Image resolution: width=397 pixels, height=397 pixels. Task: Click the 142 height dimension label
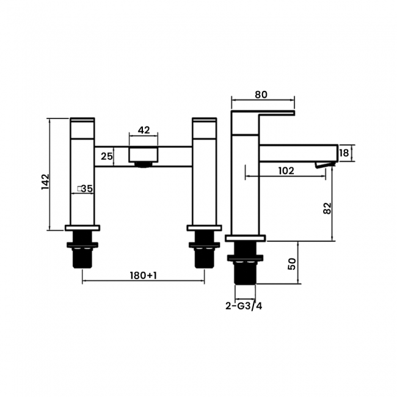[45, 181]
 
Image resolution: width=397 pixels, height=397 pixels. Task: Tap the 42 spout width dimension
[144, 130]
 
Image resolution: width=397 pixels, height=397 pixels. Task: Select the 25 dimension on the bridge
[106, 157]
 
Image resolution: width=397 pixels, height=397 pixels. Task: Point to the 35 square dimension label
[85, 189]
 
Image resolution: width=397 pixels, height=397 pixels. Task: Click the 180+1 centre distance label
[144, 275]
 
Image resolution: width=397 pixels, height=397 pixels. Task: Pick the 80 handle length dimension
[261, 95]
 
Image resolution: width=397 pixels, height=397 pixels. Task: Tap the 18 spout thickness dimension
[344, 153]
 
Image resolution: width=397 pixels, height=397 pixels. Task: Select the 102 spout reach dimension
[285, 171]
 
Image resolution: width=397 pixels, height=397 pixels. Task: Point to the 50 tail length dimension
[291, 263]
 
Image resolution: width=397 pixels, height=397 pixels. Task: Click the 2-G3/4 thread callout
[244, 306]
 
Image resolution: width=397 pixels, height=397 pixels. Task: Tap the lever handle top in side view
[263, 113]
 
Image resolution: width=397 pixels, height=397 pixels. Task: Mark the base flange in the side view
[245, 238]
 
